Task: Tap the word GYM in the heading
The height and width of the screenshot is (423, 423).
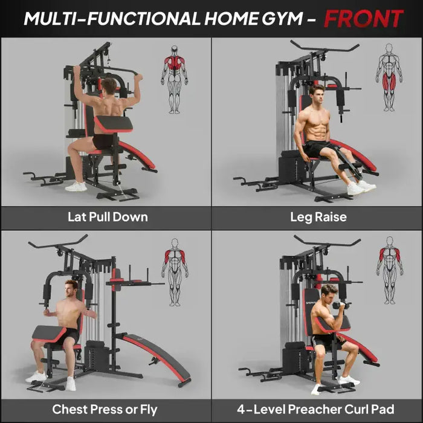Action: (x=280, y=19)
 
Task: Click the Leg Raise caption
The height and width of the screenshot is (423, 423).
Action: (x=318, y=217)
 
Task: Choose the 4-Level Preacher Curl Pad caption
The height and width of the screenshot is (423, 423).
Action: (x=318, y=410)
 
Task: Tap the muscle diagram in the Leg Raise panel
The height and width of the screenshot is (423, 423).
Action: (x=389, y=80)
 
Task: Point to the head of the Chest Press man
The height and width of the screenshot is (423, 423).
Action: (x=72, y=288)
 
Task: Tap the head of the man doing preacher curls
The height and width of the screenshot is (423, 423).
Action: (x=329, y=294)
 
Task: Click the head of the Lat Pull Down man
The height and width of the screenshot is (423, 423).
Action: (x=109, y=85)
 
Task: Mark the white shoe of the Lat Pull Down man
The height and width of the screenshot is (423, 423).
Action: (x=76, y=187)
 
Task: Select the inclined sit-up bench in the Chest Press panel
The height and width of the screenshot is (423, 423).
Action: (x=155, y=357)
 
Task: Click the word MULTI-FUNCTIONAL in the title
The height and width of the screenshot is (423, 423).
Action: (x=112, y=19)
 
